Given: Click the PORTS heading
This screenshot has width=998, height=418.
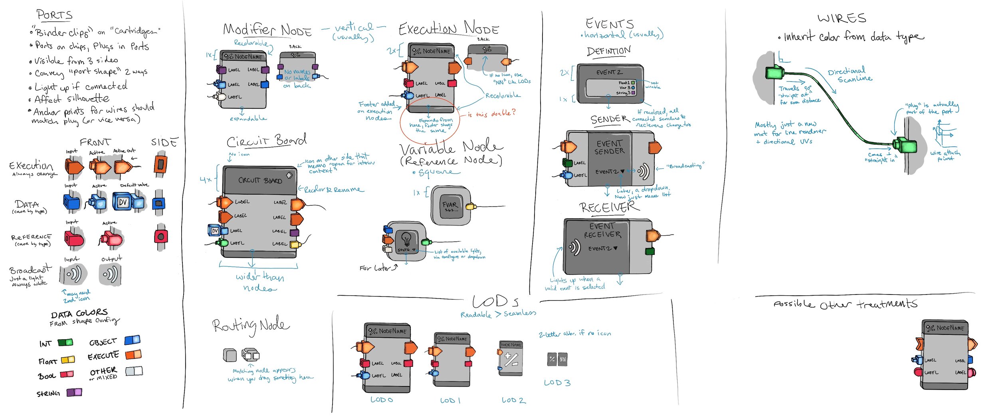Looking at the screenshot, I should (x=55, y=15).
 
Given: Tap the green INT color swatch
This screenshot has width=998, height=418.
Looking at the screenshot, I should (x=65, y=342).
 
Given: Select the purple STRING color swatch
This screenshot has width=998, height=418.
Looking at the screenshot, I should (x=74, y=392).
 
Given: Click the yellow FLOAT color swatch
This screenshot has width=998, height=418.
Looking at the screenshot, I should (x=68, y=360).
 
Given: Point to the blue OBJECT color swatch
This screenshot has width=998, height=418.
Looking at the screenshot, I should (x=132, y=340).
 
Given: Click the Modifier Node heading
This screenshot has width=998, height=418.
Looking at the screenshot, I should (x=267, y=30).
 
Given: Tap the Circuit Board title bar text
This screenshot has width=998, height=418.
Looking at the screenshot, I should (x=260, y=181).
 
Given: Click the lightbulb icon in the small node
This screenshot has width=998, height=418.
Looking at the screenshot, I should (x=406, y=239).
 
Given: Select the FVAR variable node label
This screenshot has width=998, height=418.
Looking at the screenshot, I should (x=450, y=206).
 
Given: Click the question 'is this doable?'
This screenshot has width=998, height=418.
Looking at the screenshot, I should (x=491, y=113).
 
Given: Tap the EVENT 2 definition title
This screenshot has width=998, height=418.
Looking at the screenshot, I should (x=609, y=72).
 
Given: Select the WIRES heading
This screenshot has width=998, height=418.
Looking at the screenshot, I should (x=842, y=18).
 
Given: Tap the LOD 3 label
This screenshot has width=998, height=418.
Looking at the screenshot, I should (x=557, y=383).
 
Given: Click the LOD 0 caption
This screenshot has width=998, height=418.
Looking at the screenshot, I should (x=382, y=400).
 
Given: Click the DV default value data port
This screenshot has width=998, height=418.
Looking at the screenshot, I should (x=123, y=202).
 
